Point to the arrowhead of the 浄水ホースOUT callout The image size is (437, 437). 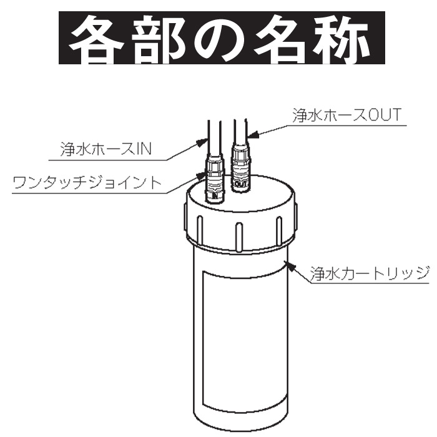pyautogui.click(x=250, y=132)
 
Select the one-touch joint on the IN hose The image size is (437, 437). pyautogui.click(x=214, y=182)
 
